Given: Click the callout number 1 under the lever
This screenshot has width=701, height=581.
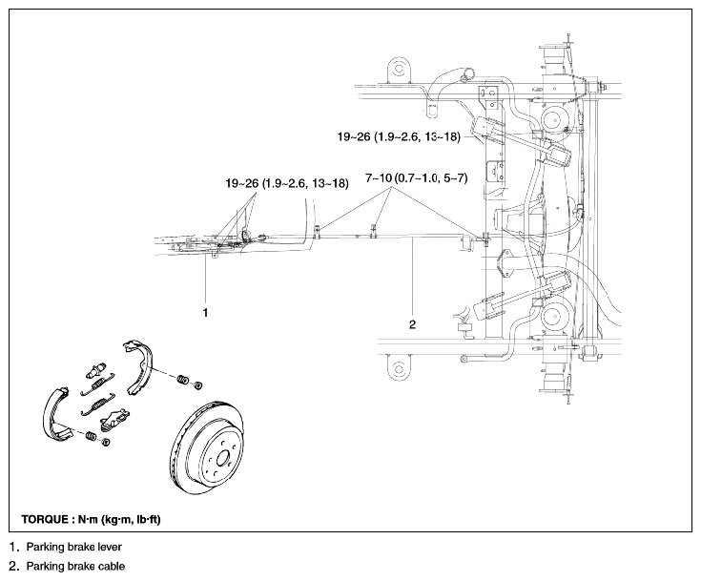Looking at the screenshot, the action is [x=205, y=313].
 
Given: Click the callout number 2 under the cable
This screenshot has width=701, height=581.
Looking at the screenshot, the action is [x=412, y=324].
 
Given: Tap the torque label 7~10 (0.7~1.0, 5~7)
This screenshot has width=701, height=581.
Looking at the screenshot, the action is [x=416, y=178].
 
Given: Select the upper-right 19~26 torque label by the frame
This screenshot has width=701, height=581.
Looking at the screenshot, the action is [x=399, y=136].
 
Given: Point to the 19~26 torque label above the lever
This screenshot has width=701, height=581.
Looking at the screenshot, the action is [x=286, y=183].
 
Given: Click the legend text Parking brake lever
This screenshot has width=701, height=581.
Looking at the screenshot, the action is [x=74, y=547].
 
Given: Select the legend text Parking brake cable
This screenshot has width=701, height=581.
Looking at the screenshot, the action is [x=75, y=567].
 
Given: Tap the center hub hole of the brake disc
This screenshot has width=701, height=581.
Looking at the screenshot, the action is [x=222, y=459].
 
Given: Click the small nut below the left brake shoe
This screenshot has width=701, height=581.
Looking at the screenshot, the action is [x=106, y=443].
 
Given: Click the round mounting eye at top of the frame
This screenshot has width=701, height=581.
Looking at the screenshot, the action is [x=398, y=68].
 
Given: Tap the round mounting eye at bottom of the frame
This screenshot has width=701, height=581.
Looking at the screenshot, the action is [x=398, y=368].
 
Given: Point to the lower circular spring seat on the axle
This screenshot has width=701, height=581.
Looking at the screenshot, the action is [x=554, y=316].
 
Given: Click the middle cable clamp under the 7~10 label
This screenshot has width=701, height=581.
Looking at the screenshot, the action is [x=375, y=230].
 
